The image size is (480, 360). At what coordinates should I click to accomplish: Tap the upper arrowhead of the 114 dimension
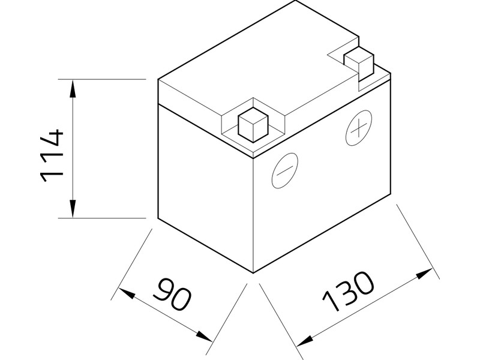click(73, 88)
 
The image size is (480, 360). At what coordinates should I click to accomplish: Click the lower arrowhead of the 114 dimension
click(73, 210)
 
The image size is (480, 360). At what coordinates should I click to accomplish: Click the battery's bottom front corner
click(254, 272)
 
